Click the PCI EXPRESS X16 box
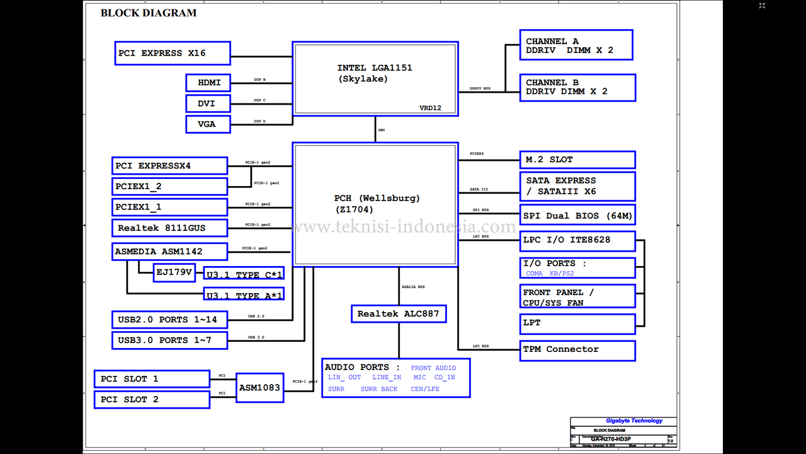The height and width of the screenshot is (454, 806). (x=173, y=53)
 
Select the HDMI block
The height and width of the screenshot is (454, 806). (x=208, y=83)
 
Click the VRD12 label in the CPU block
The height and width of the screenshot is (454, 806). (x=430, y=108)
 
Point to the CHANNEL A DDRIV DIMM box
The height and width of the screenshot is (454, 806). (x=576, y=45)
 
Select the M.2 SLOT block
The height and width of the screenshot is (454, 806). (x=577, y=160)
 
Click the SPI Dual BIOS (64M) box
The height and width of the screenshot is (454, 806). (x=577, y=215)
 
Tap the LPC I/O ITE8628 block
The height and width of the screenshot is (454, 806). (x=577, y=240)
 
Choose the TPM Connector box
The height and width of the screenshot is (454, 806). (x=577, y=349)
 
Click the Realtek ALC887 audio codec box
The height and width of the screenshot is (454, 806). (x=398, y=313)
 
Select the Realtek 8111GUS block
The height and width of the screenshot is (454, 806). (x=169, y=228)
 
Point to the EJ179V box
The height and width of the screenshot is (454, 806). (x=174, y=272)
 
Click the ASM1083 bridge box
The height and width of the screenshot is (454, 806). (x=259, y=388)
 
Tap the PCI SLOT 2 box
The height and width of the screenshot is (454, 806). (x=152, y=400)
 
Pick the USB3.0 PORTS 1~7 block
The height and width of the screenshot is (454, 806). (x=169, y=340)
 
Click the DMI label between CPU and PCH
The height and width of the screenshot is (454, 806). (x=382, y=130)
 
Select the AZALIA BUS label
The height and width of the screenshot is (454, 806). (x=413, y=287)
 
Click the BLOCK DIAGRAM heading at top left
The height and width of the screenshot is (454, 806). (x=149, y=13)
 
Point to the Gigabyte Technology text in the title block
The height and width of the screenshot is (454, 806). (x=634, y=421)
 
